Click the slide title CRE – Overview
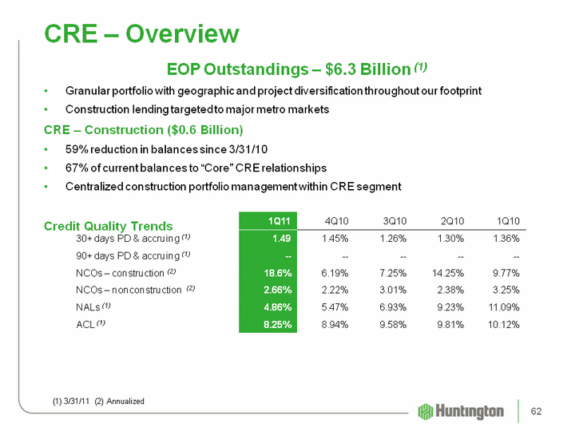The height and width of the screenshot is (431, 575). click(141, 34)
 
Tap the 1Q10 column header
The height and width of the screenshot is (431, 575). click(506, 220)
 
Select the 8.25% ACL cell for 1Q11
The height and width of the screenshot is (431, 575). click(276, 325)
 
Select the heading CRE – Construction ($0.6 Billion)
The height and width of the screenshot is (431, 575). click(143, 129)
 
